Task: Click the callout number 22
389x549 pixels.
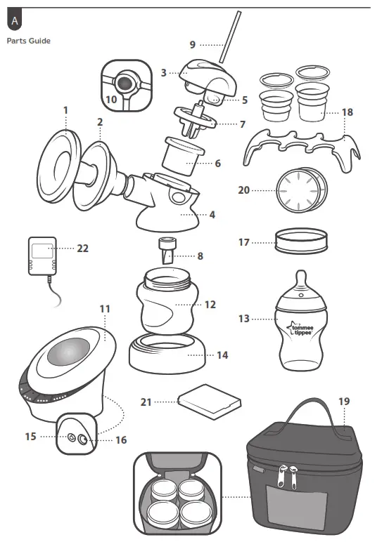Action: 82,248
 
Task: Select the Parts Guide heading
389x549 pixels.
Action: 29,41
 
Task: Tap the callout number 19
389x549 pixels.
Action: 343,402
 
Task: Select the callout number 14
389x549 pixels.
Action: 222,355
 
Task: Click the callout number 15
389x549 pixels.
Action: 30,436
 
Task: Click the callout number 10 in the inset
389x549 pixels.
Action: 111,99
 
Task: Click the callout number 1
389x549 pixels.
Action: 65,110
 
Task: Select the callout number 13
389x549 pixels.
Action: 243,319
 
